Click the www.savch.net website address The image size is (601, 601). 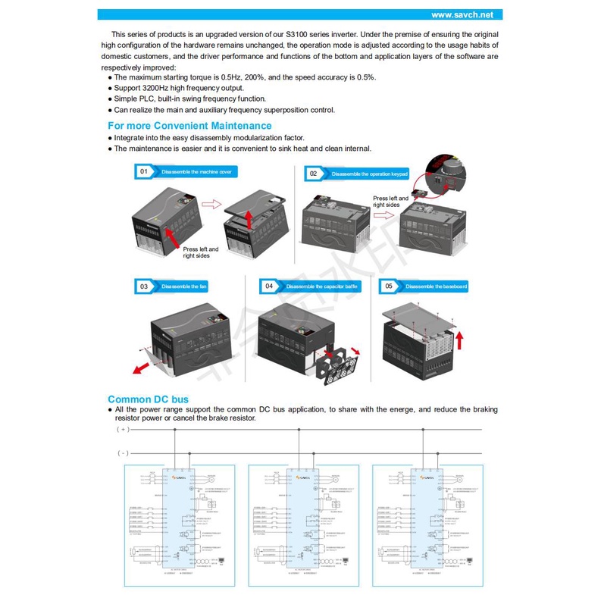pos(462,14)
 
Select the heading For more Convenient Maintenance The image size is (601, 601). pos(189,126)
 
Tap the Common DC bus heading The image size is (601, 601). pos(148,399)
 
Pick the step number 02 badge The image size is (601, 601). pos(314,174)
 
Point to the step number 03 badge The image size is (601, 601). pos(143,286)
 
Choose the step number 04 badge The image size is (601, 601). pos(268,286)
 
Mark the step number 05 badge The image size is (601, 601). pos(389,286)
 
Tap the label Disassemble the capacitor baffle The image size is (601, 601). pos(322,287)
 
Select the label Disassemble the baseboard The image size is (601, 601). pos(437,287)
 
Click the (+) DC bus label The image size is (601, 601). pos(122,429)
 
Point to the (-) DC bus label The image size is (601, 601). pos(122,453)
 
